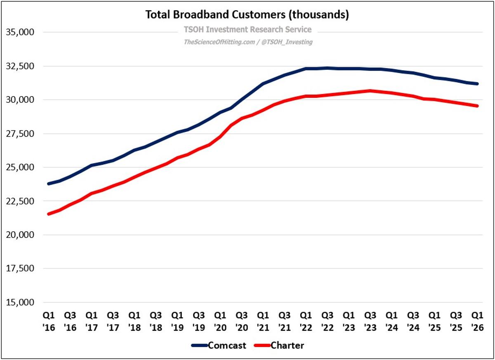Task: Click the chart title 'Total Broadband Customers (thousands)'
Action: [247, 15]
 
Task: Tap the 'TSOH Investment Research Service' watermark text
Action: [247, 29]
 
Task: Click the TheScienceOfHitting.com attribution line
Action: [247, 42]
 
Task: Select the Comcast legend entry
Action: [219, 346]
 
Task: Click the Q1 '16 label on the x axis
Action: [49, 320]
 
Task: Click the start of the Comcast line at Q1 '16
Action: [49, 184]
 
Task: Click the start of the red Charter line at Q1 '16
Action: [49, 214]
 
